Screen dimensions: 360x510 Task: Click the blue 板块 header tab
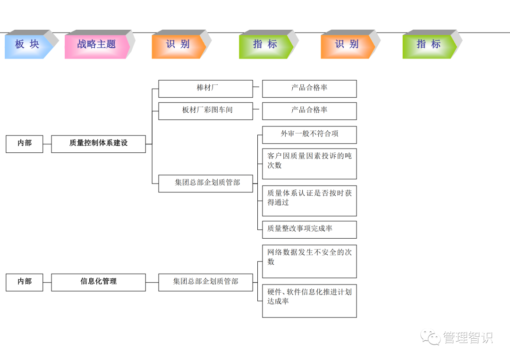[27, 44]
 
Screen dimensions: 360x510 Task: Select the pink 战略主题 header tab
[96, 44]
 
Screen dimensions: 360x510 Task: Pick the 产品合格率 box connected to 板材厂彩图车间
[309, 111]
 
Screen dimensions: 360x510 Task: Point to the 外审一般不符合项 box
[309, 134]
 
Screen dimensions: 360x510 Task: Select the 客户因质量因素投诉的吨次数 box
[309, 164]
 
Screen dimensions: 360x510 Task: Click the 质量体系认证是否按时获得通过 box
[309, 201]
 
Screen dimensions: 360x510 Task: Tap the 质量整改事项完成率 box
[309, 229]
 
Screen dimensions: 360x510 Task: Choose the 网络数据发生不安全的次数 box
[309, 261]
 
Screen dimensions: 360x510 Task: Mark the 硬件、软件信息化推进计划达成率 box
[309, 301]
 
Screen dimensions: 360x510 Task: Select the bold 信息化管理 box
[98, 282]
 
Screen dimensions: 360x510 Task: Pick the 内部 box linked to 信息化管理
[25, 282]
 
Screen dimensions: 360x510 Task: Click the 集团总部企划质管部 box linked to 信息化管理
[205, 282]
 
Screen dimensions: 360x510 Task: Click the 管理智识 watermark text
[467, 338]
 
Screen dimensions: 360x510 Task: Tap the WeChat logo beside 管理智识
[431, 337]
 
